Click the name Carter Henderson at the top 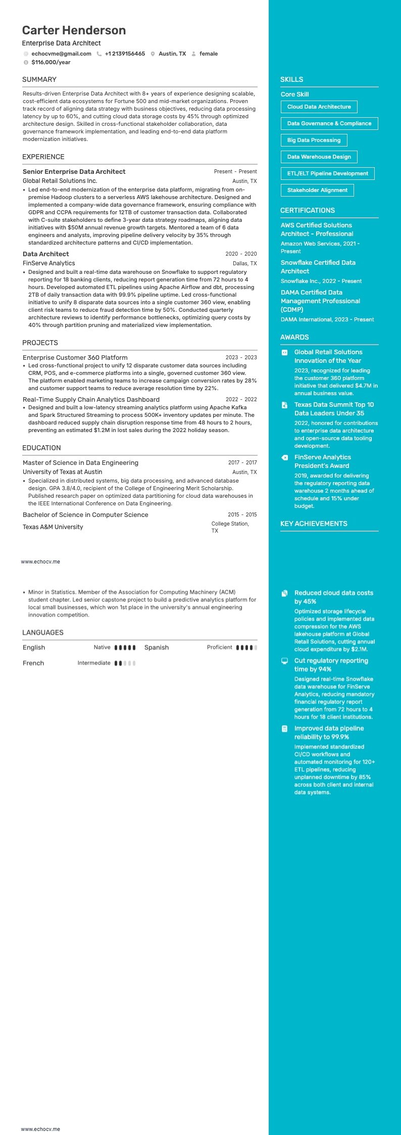point(74,30)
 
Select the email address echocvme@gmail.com point(61,54)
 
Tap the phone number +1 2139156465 point(125,54)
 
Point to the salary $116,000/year point(51,63)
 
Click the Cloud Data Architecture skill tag point(319,107)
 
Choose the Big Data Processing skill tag point(314,140)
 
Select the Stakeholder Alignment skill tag point(317,191)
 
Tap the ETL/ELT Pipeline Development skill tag point(327,174)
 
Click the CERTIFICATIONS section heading point(308,211)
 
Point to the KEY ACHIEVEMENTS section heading point(314,524)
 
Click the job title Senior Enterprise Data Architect point(74,172)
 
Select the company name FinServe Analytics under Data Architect point(49,263)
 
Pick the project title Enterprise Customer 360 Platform point(75,358)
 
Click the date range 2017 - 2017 point(242,463)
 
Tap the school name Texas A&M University point(53,527)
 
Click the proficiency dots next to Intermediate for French point(125,664)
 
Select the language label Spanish point(157,648)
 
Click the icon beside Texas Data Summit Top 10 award point(285,405)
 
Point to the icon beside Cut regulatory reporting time point(285,661)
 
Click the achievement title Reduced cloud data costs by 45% point(333,597)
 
